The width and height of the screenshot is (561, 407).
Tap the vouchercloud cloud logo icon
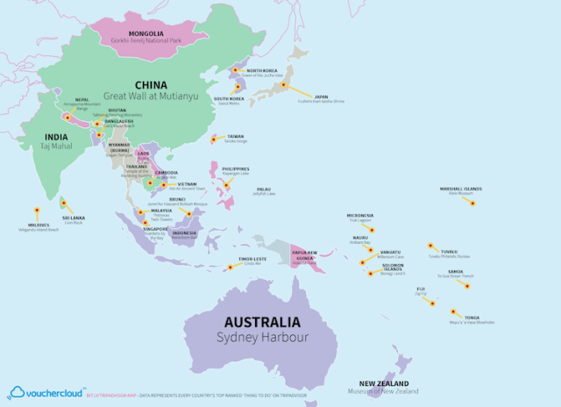point(17,392)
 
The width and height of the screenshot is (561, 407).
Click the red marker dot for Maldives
point(37,211)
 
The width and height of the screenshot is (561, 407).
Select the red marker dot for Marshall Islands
point(472,203)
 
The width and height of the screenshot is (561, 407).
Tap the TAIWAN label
point(236,136)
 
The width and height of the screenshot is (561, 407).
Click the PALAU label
point(263,189)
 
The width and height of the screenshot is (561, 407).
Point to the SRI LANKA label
point(72,218)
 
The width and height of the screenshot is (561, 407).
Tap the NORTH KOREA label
point(262,70)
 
